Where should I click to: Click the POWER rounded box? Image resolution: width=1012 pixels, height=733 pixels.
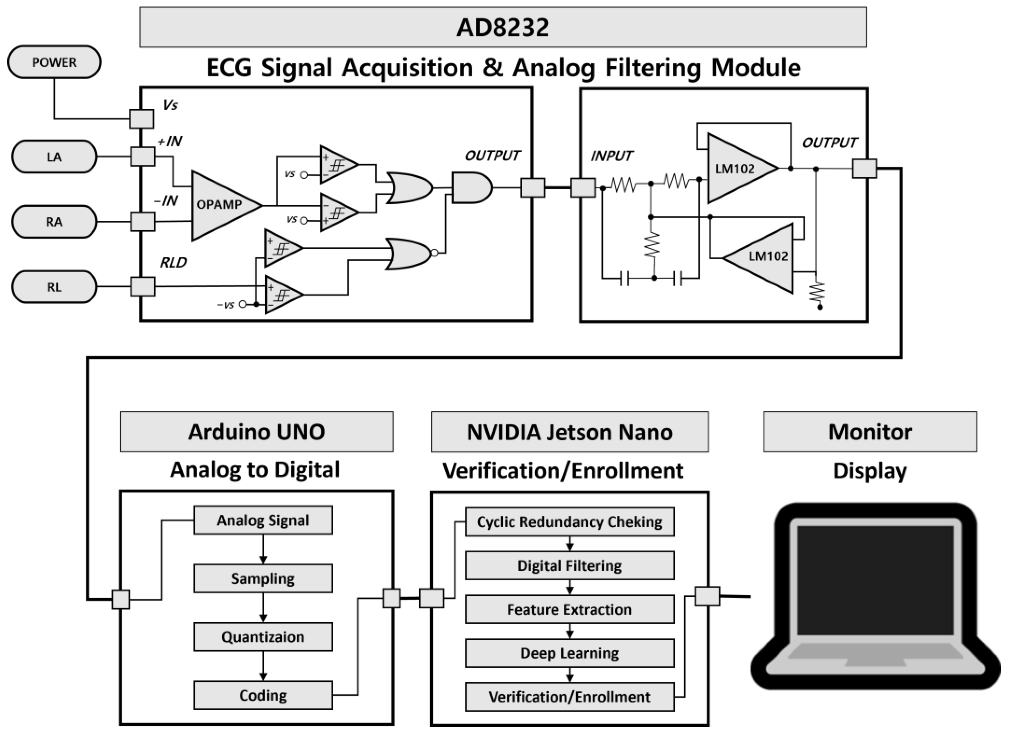[x=54, y=62]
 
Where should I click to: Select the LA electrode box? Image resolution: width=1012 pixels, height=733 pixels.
[x=54, y=157]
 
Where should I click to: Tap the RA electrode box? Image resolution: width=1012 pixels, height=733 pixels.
[x=54, y=222]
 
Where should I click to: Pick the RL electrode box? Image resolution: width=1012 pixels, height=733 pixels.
[x=54, y=287]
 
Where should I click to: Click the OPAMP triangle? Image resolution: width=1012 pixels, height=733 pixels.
[x=221, y=205]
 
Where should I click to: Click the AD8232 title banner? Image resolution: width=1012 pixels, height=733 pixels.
[x=502, y=27]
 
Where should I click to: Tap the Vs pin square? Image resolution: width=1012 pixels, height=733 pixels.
[x=141, y=119]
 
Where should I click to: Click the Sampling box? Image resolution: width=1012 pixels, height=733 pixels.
[x=263, y=578]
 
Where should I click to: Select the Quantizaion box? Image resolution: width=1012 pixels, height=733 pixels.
[x=263, y=637]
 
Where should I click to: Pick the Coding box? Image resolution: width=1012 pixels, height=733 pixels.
[x=263, y=695]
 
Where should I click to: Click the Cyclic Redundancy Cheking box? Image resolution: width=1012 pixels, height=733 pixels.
[x=569, y=522]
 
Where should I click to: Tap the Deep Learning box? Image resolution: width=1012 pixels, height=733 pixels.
[x=569, y=653]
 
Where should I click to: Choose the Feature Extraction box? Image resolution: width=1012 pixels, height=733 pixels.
[x=569, y=609]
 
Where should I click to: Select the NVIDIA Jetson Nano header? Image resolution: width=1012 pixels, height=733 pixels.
[x=569, y=432]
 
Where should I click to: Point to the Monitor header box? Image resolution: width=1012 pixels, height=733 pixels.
[x=870, y=432]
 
